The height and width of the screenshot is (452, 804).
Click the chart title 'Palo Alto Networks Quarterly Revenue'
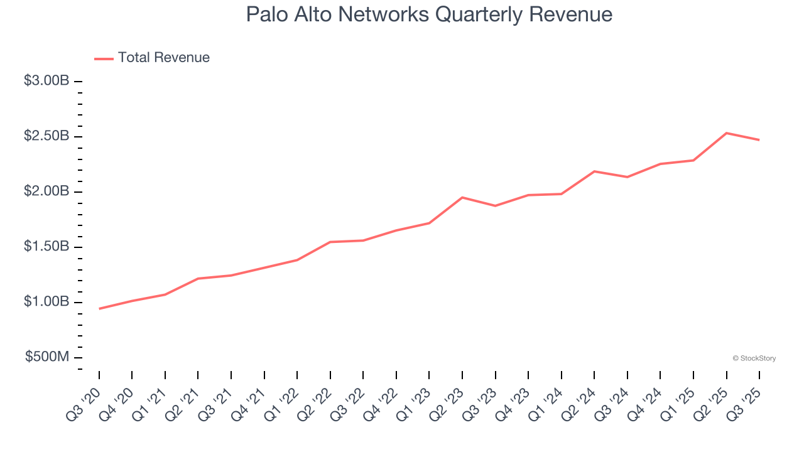click(429, 14)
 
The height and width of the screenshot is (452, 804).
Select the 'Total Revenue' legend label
click(163, 58)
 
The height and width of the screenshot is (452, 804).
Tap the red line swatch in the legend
click(104, 58)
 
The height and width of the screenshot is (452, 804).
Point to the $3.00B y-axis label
click(46, 81)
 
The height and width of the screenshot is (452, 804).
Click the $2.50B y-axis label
click(46, 136)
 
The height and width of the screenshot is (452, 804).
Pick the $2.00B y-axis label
click(46, 191)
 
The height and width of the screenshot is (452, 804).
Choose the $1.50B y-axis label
click(46, 247)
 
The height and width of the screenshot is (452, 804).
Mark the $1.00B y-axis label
click(46, 302)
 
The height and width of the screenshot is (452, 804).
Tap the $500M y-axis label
click(47, 357)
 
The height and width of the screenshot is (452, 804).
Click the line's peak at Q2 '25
click(726, 133)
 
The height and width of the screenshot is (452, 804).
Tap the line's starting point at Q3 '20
click(99, 309)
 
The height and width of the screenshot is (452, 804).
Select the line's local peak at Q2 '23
click(462, 198)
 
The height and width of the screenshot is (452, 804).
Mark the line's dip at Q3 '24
click(627, 177)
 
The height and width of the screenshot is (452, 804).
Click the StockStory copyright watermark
click(754, 358)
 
